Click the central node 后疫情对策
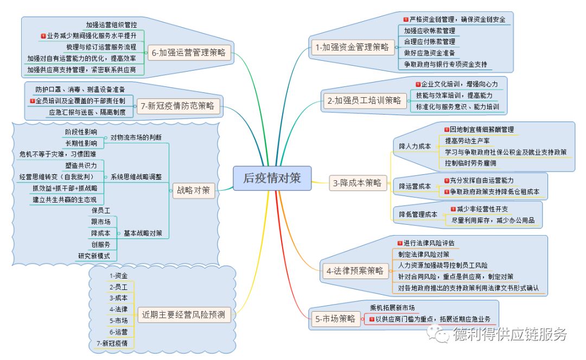pyautogui.click(x=271, y=179)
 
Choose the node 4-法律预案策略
pyautogui.click(x=355, y=270)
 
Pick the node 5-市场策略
pyautogui.click(x=335, y=319)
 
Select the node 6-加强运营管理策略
pyautogui.click(x=190, y=53)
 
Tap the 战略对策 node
pyautogui.click(x=194, y=190)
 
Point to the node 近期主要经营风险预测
pyautogui.click(x=184, y=315)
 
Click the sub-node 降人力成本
pyautogui.click(x=415, y=146)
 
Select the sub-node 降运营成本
pyautogui.click(x=415, y=186)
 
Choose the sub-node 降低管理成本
pyautogui.click(x=418, y=214)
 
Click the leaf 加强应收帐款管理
pyautogui.click(x=429, y=30)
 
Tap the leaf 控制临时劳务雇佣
pyautogui.click(x=470, y=163)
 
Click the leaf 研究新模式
pyautogui.click(x=95, y=256)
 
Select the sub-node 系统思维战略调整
pyautogui.click(x=136, y=177)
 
